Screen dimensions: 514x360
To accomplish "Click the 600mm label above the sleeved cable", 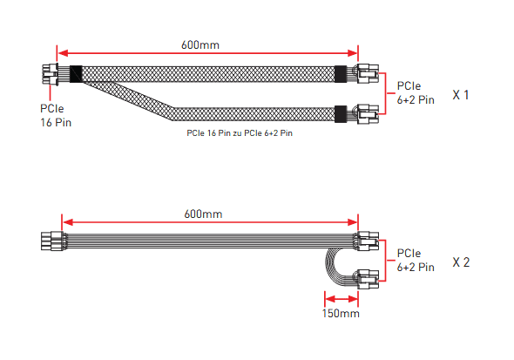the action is click(x=200, y=45).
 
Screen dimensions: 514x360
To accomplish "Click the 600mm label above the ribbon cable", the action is click(x=203, y=214).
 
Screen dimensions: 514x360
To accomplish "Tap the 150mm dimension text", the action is click(x=341, y=314).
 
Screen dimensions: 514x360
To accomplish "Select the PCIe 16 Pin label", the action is click(x=56, y=115).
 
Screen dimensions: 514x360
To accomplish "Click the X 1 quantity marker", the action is click(x=461, y=95).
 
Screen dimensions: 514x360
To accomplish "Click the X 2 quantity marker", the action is click(x=461, y=262).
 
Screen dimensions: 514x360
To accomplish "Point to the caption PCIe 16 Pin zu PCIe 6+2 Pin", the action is click(x=240, y=133).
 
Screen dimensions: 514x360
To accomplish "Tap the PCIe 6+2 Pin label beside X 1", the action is click(x=416, y=92).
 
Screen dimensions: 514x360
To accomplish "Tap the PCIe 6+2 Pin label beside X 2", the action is click(x=416, y=261).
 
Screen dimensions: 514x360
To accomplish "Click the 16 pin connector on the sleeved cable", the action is click(x=51, y=74).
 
